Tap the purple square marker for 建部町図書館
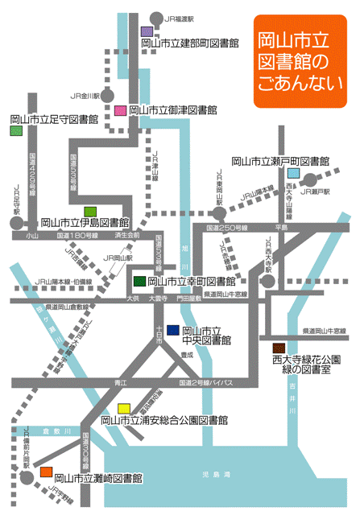[x=146, y=31]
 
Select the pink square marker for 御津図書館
[x=121, y=110]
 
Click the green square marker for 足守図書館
[x=16, y=130]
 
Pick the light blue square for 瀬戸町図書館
[x=294, y=174]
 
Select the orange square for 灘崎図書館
[x=47, y=471]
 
